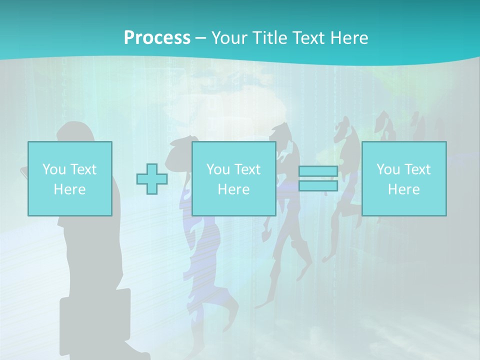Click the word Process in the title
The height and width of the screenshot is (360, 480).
[x=157, y=38]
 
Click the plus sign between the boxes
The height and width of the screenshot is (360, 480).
[x=152, y=179]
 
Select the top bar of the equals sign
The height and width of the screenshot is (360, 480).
[x=318, y=171]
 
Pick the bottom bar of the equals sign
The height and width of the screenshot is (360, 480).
[x=318, y=186]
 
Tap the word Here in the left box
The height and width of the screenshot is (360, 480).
[x=69, y=189]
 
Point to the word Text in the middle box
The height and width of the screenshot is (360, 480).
[x=247, y=169]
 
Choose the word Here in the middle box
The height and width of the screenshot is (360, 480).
[x=233, y=189]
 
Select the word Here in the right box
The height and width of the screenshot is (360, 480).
[x=403, y=189]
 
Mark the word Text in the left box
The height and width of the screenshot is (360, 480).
[x=83, y=169]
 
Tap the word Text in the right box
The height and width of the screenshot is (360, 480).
[x=417, y=169]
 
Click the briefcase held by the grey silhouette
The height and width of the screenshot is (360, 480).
[x=95, y=320]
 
